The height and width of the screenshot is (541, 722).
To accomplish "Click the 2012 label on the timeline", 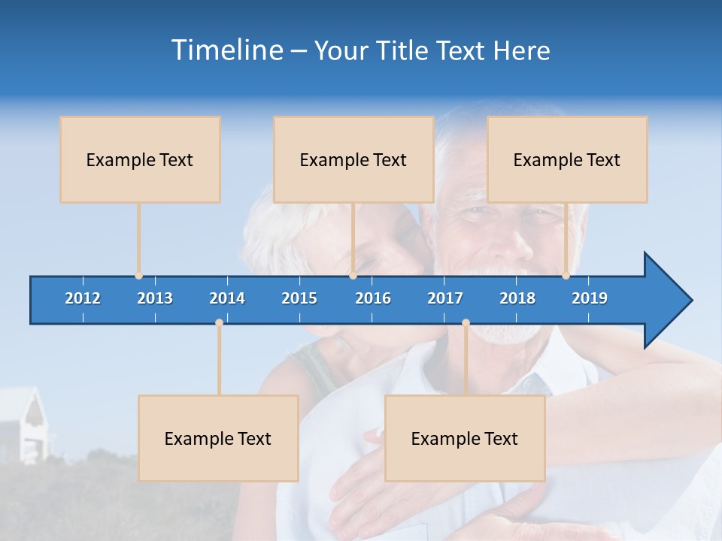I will coord(83,298).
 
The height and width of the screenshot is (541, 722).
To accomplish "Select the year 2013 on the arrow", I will coord(155,298).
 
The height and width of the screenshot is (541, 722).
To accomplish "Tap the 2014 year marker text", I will coord(227,298).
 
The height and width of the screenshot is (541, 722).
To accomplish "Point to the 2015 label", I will coord(299,298).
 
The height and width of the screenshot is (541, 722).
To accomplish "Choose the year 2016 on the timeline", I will coord(373,298).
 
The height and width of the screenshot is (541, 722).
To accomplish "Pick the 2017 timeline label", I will coord(445,298).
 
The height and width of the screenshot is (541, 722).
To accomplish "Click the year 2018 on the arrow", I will coord(517,298).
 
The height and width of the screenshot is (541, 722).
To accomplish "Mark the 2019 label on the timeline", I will coord(590,298).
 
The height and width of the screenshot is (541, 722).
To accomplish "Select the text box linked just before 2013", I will coord(140,159).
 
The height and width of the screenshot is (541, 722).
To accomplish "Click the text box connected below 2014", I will coord(218,438).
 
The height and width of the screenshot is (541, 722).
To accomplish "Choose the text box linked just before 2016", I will coord(353,159).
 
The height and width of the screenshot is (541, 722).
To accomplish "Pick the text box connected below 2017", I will coord(465,438).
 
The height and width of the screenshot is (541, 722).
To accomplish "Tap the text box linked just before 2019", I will coord(567,159).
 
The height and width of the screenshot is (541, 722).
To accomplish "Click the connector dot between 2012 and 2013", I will coord(138,276).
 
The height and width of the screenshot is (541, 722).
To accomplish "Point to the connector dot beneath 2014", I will coord(219,322).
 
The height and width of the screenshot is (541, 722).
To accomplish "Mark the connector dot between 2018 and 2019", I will coord(566,276).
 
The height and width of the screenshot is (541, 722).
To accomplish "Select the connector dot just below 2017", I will coord(466,322).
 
